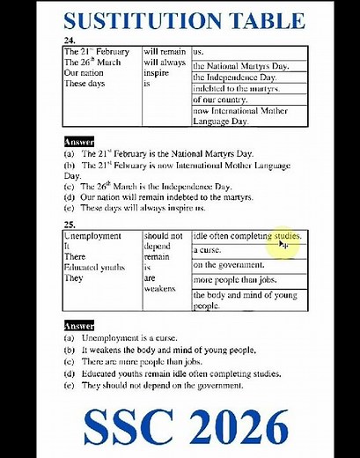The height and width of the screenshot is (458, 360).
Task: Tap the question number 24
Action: [x=69, y=41]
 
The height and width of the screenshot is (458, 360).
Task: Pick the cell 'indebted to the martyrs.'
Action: [x=235, y=89]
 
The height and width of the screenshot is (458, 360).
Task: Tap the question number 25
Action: [x=69, y=225]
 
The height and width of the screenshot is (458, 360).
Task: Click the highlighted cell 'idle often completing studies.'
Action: [x=247, y=237]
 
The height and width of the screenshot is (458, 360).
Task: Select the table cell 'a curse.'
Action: [x=209, y=251]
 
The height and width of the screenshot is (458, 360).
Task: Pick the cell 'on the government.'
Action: [x=229, y=265]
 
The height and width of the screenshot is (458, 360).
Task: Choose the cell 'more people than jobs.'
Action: [x=234, y=280]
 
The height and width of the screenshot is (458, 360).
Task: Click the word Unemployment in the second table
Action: [x=92, y=237]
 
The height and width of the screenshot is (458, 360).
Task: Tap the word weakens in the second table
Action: [x=159, y=288]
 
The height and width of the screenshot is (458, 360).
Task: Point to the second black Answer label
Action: [x=78, y=326]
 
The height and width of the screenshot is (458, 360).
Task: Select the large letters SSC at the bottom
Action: [x=120, y=429]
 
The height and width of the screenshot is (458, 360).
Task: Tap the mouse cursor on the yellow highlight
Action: [x=284, y=245]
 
